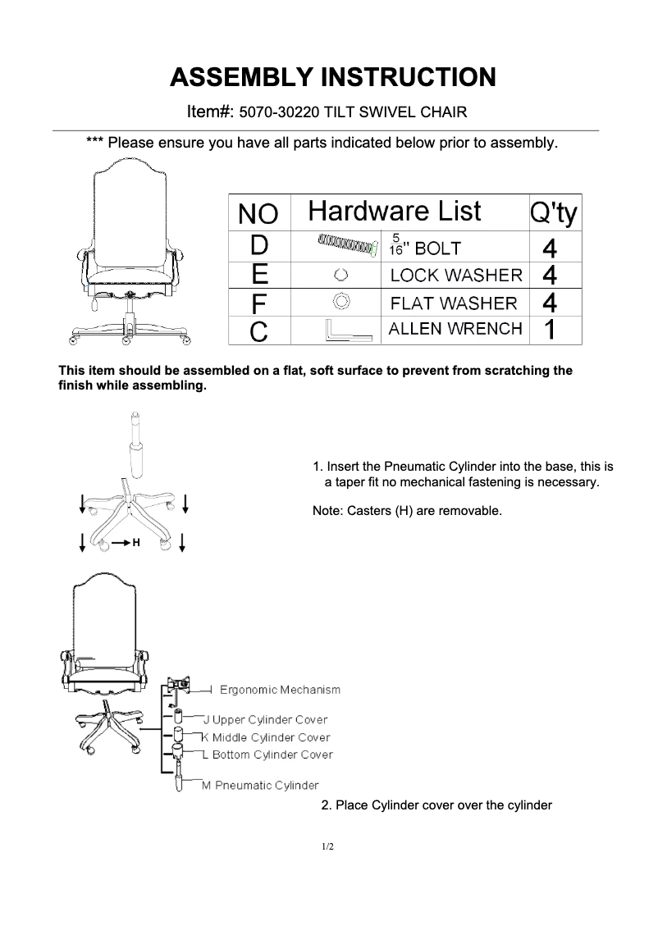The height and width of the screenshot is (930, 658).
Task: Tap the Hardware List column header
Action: (x=394, y=212)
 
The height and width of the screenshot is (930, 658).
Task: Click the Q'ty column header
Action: (x=554, y=213)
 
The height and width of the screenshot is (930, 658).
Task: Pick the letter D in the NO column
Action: (x=258, y=245)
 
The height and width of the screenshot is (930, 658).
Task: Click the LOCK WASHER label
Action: (x=455, y=275)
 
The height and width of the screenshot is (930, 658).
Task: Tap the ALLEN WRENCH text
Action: (x=455, y=329)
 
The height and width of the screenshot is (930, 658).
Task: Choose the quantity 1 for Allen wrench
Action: (x=551, y=330)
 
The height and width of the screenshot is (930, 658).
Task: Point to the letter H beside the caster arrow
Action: (x=136, y=543)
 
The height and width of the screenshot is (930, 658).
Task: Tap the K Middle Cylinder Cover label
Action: (x=266, y=737)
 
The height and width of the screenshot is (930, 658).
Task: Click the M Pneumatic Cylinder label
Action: (x=260, y=786)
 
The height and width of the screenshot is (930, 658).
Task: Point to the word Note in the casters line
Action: (x=327, y=511)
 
